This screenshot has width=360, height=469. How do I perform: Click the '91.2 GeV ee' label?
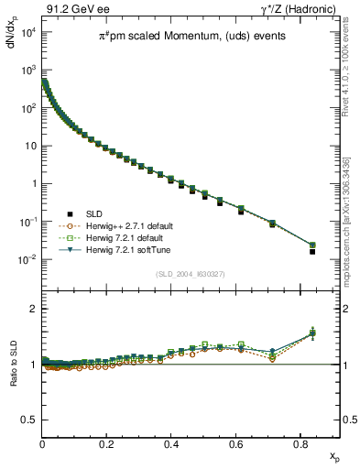click(72, 9)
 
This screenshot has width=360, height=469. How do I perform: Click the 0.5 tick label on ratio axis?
click(29, 420)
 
